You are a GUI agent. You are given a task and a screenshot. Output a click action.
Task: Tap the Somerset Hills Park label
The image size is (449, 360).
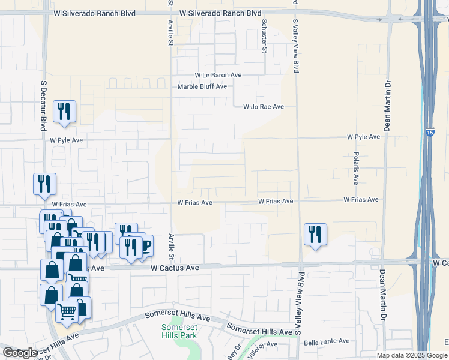pos(178,332)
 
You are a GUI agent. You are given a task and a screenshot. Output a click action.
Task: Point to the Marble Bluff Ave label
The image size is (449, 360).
pos(202,86)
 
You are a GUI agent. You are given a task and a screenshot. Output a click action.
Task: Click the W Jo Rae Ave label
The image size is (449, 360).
pos(263,107)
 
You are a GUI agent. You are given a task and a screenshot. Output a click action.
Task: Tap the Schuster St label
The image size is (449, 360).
pos(264,35)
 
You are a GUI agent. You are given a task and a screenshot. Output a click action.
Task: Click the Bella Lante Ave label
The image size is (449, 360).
pos(327,341)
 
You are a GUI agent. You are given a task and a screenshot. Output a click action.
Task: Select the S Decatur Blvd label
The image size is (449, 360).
pos(43,106)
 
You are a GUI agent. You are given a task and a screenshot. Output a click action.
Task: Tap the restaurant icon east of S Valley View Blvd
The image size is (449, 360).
pos(315,233)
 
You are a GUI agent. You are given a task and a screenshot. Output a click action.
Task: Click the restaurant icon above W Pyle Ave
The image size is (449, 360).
pos(64,111)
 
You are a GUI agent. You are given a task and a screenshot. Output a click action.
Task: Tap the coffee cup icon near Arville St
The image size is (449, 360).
pos(144,246)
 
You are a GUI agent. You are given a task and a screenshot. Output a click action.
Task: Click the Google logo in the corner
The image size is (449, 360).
pos(20,353)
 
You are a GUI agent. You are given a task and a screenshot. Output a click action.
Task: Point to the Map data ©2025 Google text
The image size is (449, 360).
pos(411,355)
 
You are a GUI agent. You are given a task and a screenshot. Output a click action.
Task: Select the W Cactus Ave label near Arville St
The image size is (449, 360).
pos(174,268)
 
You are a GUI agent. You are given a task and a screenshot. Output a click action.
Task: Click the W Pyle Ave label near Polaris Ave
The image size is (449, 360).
pos(363,137)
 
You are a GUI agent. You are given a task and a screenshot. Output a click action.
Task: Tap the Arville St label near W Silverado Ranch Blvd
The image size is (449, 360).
pos(170,27)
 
